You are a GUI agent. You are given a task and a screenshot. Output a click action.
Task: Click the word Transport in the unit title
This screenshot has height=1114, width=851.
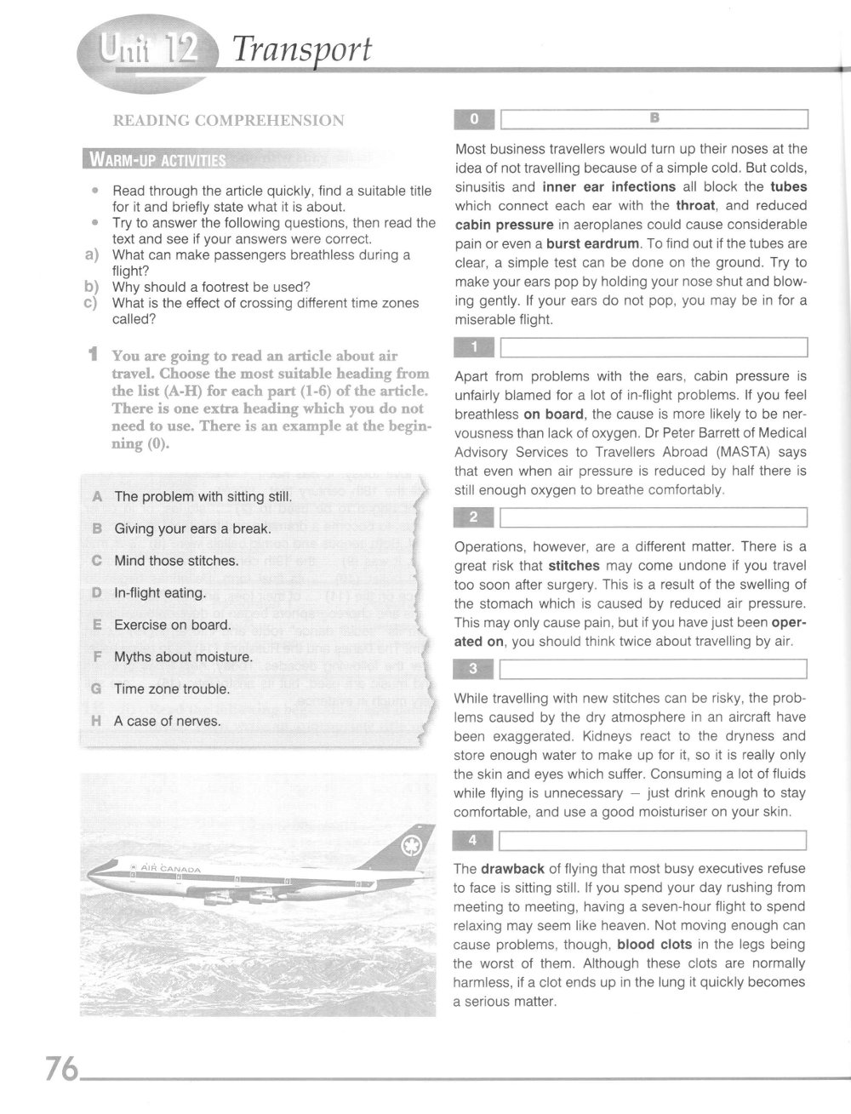click(x=302, y=50)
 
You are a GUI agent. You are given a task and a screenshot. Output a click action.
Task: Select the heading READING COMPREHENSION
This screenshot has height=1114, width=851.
click(x=228, y=121)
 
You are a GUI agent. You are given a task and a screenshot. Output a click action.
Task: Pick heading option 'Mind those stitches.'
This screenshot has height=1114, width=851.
click(x=176, y=561)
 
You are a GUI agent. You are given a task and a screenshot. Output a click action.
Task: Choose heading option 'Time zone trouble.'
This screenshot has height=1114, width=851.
click(x=172, y=689)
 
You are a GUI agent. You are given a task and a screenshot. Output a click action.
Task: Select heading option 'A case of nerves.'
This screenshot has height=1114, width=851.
click(x=167, y=722)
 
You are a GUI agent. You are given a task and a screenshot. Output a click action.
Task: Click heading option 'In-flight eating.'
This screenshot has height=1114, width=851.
click(x=160, y=593)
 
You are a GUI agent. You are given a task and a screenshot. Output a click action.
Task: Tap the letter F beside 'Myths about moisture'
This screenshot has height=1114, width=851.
click(x=96, y=657)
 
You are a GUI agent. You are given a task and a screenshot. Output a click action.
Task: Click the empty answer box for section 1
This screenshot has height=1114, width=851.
click(x=654, y=348)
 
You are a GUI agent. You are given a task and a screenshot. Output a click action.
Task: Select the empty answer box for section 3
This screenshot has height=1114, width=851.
click(x=654, y=671)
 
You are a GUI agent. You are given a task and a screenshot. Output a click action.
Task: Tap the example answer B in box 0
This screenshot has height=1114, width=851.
click(x=654, y=118)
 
